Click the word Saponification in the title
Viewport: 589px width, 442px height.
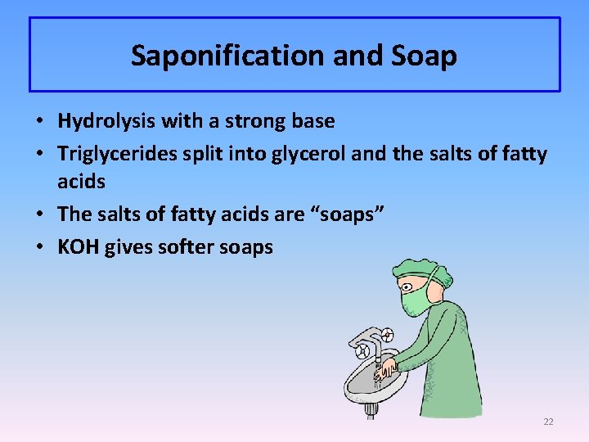click(x=215, y=56)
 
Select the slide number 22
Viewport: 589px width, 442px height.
click(x=548, y=422)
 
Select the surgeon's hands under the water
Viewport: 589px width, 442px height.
click(x=384, y=368)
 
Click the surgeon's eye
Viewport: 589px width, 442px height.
click(x=410, y=283)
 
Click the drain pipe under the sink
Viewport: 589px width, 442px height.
click(x=371, y=407)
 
